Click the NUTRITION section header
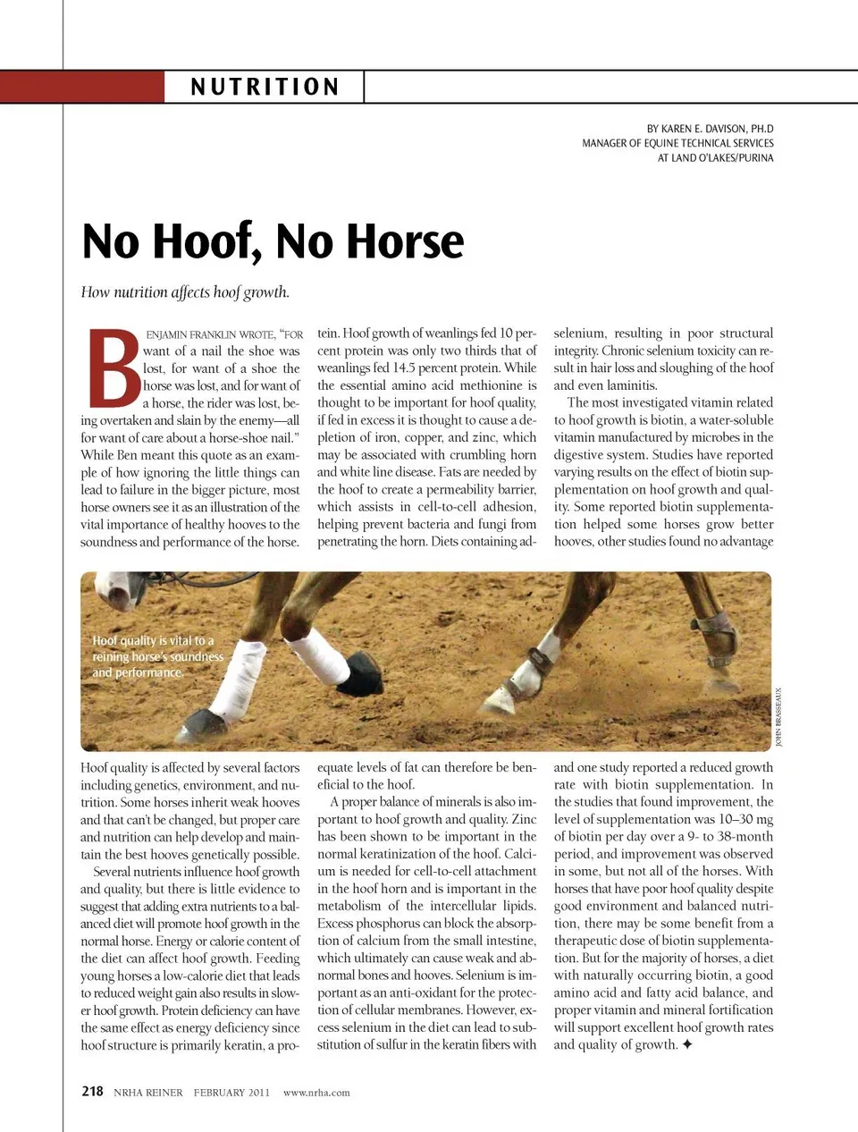click(265, 87)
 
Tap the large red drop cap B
click(113, 367)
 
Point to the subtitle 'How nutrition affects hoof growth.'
click(185, 292)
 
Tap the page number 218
click(92, 1091)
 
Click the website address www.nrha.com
click(316, 1092)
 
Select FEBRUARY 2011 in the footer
click(231, 1092)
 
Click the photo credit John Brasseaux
click(778, 716)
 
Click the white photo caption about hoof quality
click(157, 656)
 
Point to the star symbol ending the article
click(686, 1044)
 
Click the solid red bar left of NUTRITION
click(82, 87)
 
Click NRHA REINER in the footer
click(148, 1092)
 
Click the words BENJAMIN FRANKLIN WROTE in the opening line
click(211, 334)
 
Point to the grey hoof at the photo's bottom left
click(197, 724)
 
